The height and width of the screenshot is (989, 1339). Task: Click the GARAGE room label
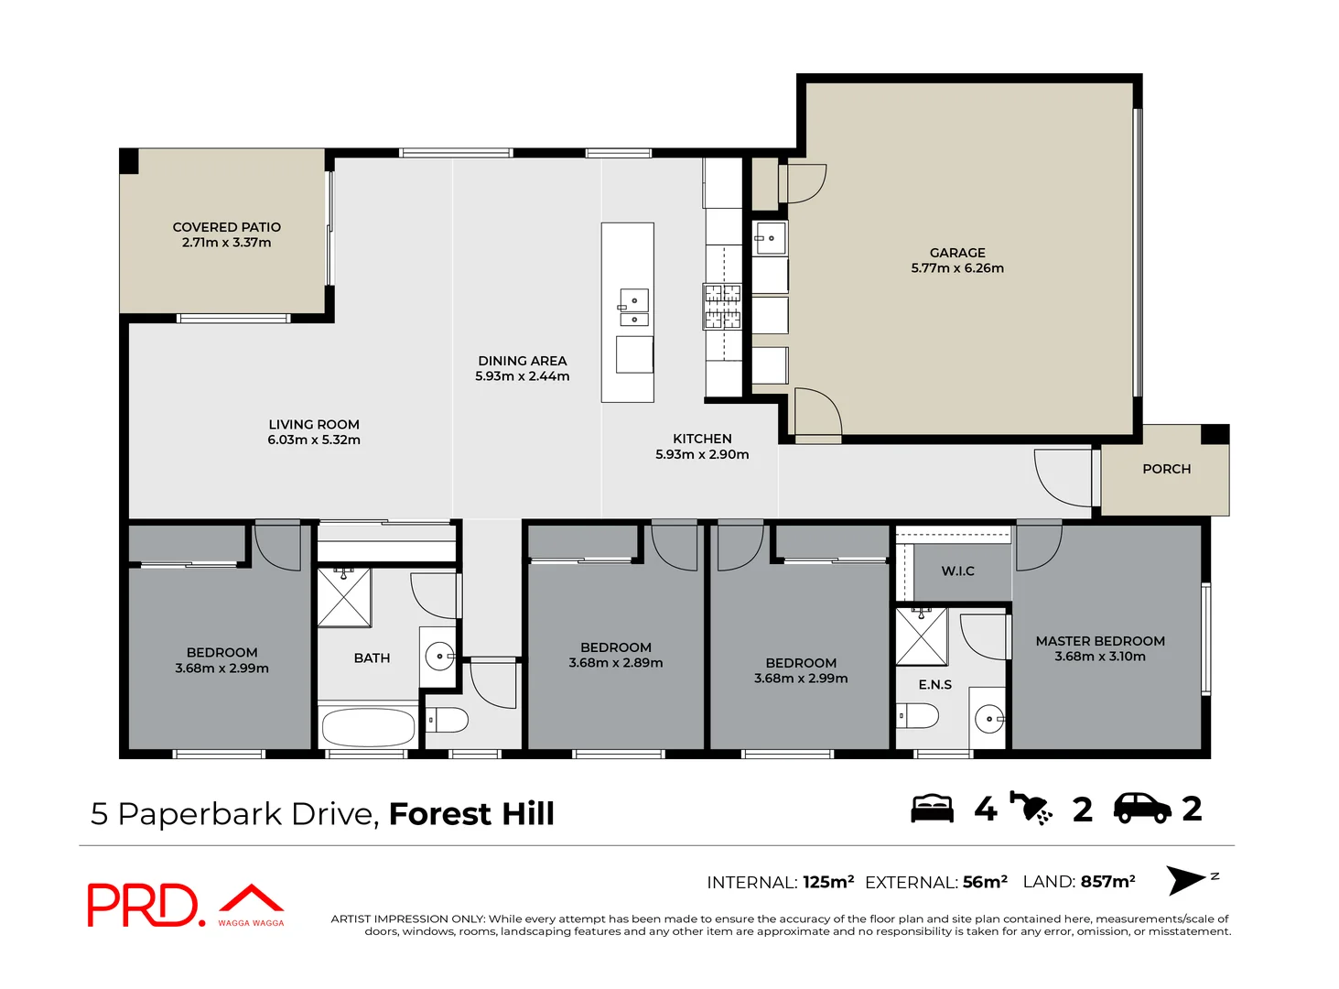click(x=957, y=253)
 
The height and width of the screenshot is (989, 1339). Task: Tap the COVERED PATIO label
click(x=226, y=227)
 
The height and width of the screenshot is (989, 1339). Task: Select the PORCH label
click(x=1166, y=469)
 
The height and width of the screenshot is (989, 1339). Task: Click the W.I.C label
click(x=957, y=571)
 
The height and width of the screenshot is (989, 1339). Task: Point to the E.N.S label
click(x=934, y=684)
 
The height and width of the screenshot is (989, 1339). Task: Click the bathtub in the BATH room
click(x=369, y=727)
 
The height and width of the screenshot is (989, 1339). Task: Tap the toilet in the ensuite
click(x=917, y=715)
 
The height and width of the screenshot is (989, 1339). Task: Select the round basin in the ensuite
click(x=988, y=719)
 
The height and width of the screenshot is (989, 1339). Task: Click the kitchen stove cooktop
click(x=721, y=306)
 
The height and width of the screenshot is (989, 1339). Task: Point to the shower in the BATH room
click(x=344, y=597)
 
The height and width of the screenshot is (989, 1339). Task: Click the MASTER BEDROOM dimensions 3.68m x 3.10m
click(x=1099, y=657)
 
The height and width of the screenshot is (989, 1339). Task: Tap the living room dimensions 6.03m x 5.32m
click(x=314, y=440)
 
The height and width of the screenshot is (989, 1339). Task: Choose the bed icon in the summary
click(x=932, y=809)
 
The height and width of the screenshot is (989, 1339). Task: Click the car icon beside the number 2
click(x=1141, y=808)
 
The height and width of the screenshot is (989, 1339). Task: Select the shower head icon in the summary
click(x=1031, y=808)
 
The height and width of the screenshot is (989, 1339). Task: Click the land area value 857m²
click(x=1107, y=881)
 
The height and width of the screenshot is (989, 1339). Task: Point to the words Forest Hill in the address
click(x=471, y=813)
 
